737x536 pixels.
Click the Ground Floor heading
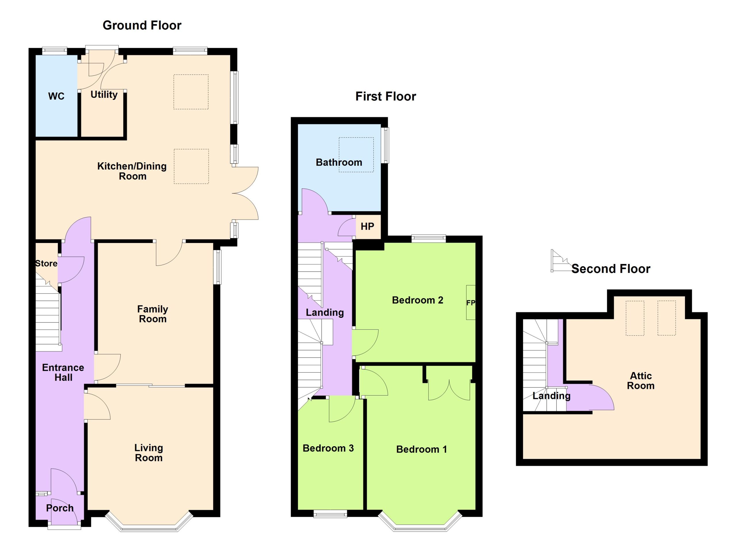coord(142,25)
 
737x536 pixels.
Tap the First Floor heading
coord(386,96)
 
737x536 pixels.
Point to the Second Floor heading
coord(611,269)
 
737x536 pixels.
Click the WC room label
coord(56,96)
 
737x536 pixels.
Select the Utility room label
coord(104,94)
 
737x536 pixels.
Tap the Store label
coord(46,263)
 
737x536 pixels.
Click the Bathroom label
coord(339,162)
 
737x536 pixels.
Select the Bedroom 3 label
coord(328,448)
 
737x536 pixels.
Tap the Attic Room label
coord(641,381)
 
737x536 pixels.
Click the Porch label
coord(60,508)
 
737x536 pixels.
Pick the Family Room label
coord(153,314)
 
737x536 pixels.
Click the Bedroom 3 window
coord(330,514)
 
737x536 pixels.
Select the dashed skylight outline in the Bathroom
coord(356,155)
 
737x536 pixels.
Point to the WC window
coord(55,51)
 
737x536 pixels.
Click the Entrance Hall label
coord(63,372)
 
